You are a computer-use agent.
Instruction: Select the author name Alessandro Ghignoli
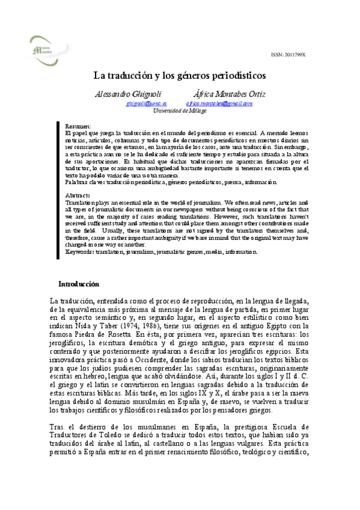click(123, 95)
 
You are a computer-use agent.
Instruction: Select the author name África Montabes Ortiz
click(224, 95)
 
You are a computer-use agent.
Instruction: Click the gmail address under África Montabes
click(219, 103)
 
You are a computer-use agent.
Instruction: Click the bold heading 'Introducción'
click(79, 283)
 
